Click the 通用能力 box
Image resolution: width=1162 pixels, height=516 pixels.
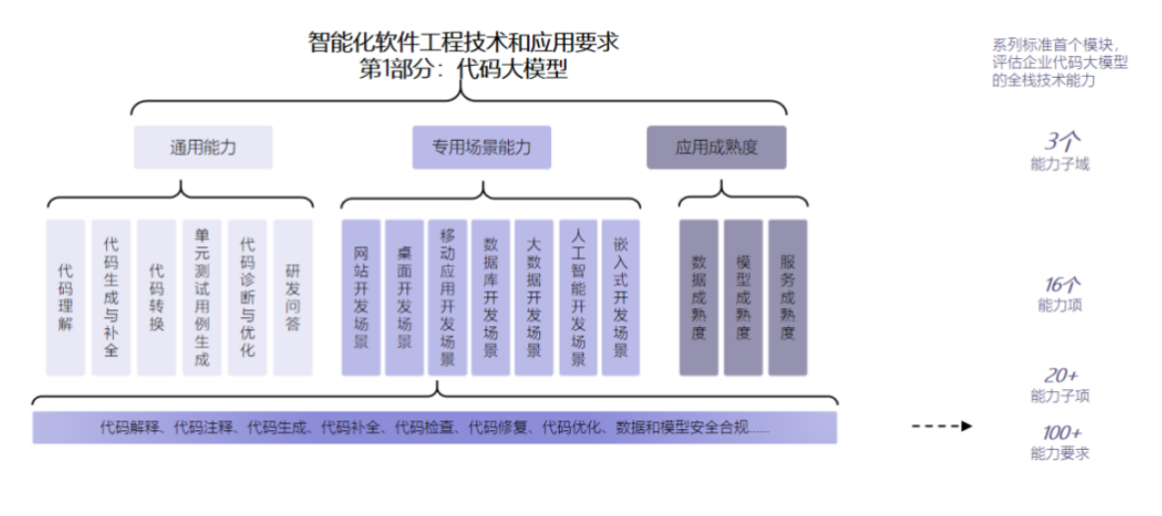tap(203, 148)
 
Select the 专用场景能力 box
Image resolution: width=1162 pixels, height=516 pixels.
tap(481, 148)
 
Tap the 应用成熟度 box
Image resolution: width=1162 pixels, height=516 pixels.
tap(716, 148)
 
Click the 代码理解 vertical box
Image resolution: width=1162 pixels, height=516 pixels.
tap(65, 296)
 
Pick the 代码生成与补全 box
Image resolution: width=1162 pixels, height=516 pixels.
tap(111, 296)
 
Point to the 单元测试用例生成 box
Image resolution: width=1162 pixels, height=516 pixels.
tap(202, 296)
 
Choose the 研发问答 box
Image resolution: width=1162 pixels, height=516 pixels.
tap(292, 296)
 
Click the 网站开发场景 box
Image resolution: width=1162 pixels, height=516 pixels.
tap(360, 296)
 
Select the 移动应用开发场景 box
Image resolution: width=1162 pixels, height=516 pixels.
tap(448, 296)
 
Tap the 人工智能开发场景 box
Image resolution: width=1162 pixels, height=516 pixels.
tap(578, 296)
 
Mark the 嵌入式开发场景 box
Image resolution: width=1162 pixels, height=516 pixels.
tap(621, 296)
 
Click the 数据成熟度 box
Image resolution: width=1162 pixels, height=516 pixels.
tap(699, 296)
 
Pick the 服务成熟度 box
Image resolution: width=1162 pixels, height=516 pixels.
tap(787, 296)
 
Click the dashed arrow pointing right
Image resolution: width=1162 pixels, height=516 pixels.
tap(942, 426)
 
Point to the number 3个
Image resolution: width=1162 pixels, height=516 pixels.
tap(1062, 141)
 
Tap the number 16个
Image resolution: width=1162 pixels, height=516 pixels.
tap(1062, 285)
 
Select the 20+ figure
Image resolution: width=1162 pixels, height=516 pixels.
tap(1062, 375)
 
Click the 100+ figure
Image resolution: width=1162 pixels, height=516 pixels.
tap(1062, 432)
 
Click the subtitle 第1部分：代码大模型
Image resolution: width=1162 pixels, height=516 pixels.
tap(463, 70)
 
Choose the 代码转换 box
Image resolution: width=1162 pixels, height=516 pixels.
tap(156, 296)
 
